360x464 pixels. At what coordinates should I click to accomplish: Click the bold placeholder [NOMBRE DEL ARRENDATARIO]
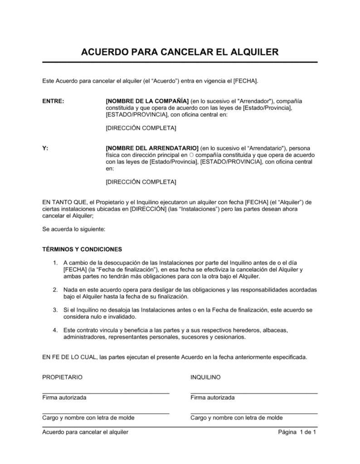click(152, 148)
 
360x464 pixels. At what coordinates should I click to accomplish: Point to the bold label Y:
click(45, 148)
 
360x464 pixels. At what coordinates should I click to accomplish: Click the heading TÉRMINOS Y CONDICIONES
click(82, 249)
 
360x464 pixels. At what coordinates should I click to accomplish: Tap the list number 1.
click(55, 263)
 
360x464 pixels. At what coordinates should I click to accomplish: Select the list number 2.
click(55, 290)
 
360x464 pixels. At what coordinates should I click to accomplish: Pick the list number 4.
click(55, 330)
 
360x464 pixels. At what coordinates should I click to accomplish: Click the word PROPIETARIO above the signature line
click(63, 377)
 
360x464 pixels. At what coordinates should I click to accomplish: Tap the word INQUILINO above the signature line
click(205, 377)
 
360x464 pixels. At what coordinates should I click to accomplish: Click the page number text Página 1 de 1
click(297, 432)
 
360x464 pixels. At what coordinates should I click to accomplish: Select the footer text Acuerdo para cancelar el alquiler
click(85, 432)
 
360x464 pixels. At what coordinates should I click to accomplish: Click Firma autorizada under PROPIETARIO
click(64, 397)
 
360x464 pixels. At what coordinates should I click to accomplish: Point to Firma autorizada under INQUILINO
click(213, 397)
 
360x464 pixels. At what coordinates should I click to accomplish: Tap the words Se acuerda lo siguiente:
click(73, 229)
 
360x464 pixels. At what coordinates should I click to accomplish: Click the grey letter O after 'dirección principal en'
click(191, 155)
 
